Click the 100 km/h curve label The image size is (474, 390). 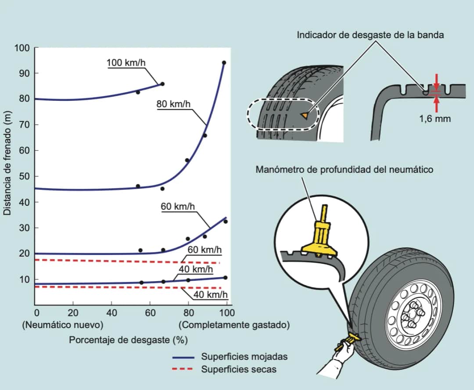coord(126,62)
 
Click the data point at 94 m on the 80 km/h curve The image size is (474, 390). coord(224,63)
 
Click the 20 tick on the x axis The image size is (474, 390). coord(73,312)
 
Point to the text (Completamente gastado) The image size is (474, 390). coord(234,325)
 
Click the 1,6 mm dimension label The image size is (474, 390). coord(435,118)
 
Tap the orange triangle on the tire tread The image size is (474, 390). coord(304,115)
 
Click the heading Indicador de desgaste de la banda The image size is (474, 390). coord(370,35)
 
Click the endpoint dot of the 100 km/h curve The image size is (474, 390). coord(162,84)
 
